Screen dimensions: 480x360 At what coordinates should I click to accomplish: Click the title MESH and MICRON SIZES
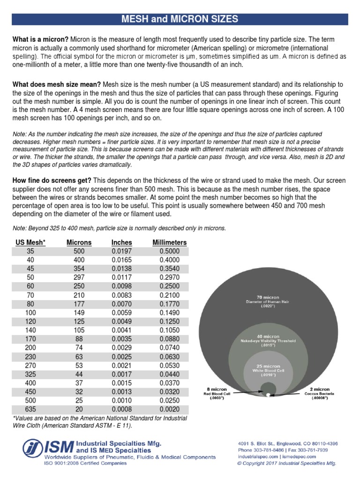click(x=180, y=19)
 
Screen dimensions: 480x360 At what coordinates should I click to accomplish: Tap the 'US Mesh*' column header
click(x=30, y=242)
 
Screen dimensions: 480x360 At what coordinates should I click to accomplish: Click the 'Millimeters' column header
click(x=169, y=242)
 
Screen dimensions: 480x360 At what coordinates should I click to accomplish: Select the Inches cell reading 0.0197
click(x=121, y=251)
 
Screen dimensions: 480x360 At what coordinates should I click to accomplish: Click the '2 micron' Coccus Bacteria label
click(x=320, y=389)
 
